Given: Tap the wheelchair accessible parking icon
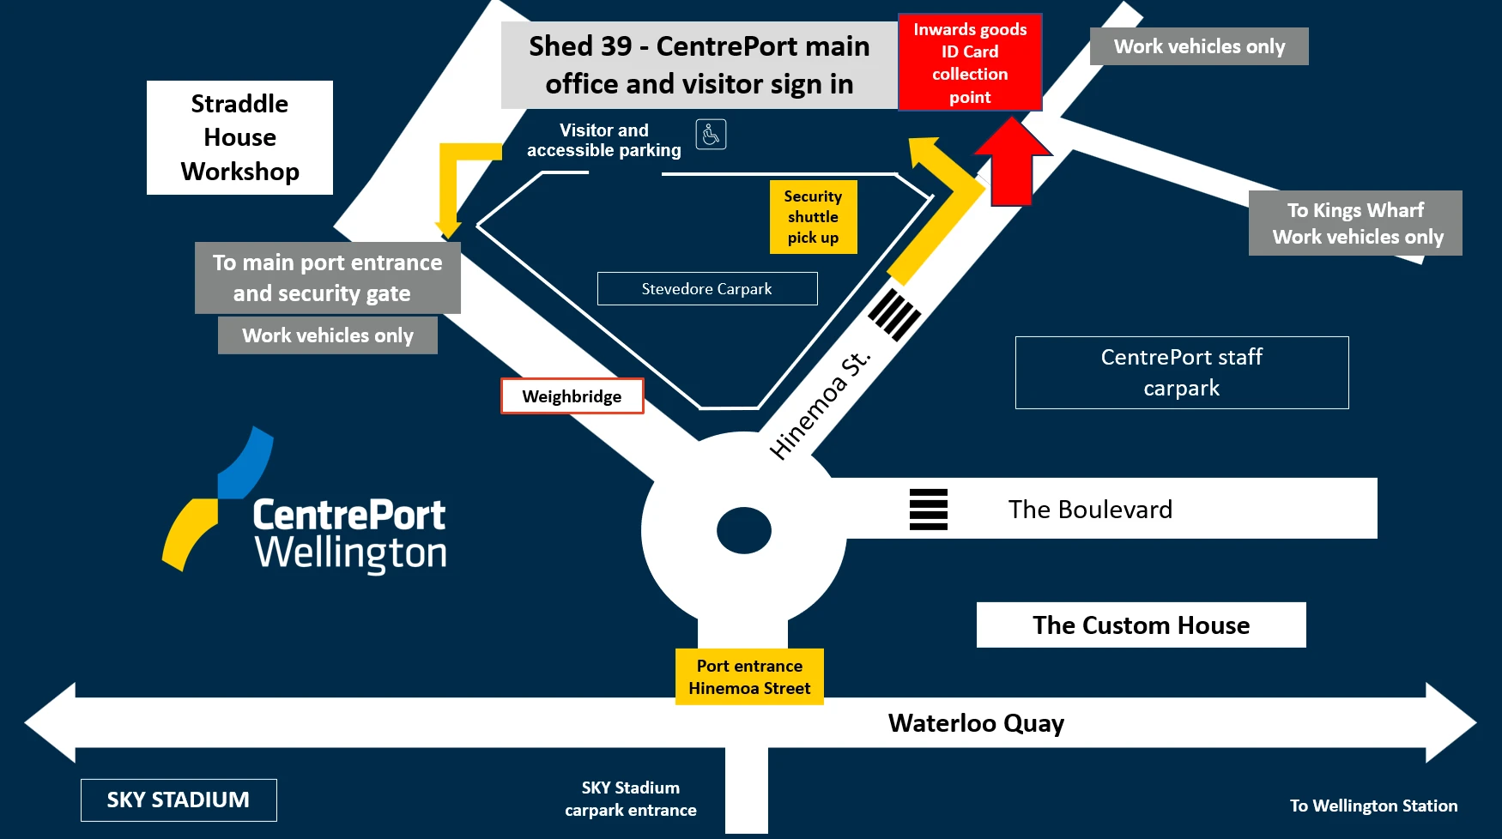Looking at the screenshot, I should pyautogui.click(x=711, y=135).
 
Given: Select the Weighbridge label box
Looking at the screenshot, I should pyautogui.click(x=572, y=396).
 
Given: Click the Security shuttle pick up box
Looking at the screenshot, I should pyautogui.click(x=813, y=217).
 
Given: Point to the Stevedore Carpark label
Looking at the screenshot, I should pyautogui.click(x=707, y=289).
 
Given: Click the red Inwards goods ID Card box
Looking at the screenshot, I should pyautogui.click(x=970, y=63).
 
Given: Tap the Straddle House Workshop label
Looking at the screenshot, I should pyautogui.click(x=239, y=137).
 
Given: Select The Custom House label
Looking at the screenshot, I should pyautogui.click(x=1141, y=625).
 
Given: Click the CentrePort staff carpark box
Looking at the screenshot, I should pyautogui.click(x=1181, y=372).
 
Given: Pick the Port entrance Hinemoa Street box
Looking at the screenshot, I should pyautogui.click(x=749, y=677).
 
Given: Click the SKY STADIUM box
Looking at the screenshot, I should pyautogui.click(x=179, y=800).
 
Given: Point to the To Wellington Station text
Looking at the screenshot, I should pyautogui.click(x=1373, y=806).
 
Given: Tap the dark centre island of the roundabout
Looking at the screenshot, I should pyautogui.click(x=744, y=531).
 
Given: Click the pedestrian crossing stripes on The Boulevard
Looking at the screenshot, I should pyautogui.click(x=929, y=510).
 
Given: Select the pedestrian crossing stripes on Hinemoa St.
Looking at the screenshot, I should pyautogui.click(x=894, y=315).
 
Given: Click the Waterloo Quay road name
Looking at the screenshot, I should pyautogui.click(x=976, y=723).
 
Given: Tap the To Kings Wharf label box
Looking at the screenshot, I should pyautogui.click(x=1356, y=223).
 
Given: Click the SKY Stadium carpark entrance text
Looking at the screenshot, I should pyautogui.click(x=630, y=799).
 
